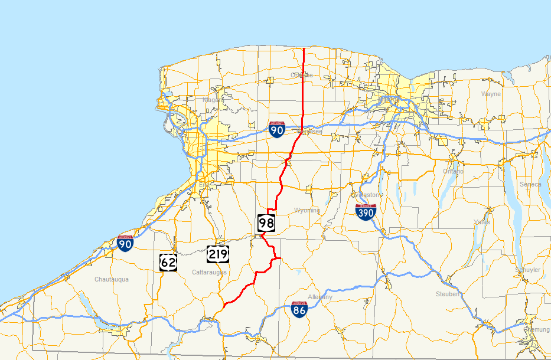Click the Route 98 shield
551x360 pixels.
266,222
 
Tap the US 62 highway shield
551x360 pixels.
168,261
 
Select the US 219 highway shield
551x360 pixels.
218,254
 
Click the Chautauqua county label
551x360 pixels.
112,279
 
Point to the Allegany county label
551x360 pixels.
320,297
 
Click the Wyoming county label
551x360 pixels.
307,210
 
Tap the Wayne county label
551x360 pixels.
491,94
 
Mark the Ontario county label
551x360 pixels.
454,171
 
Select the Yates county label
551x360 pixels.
482,222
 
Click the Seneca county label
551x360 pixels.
530,184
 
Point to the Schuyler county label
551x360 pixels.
527,270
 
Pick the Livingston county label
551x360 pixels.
365,195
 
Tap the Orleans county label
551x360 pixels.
302,75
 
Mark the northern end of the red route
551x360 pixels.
304,48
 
